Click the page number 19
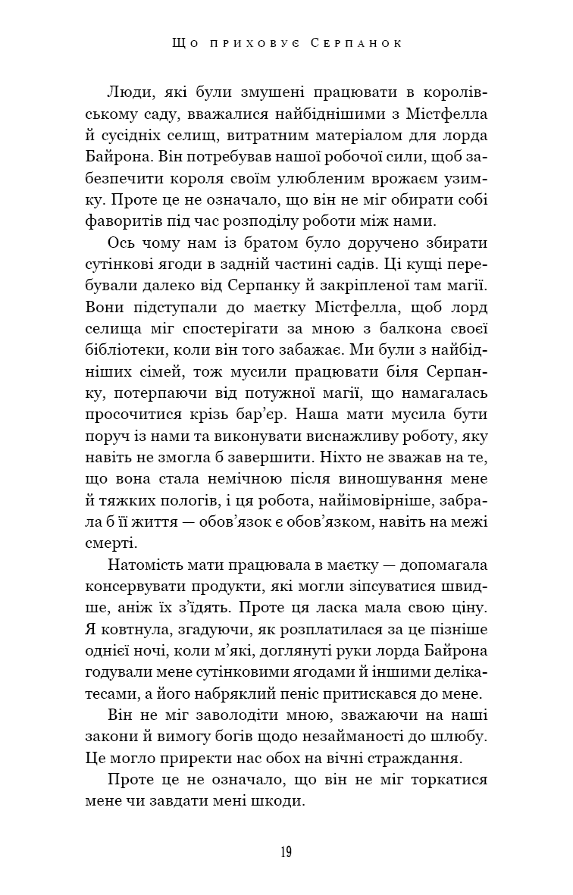(x=285, y=851)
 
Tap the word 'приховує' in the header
(x=253, y=44)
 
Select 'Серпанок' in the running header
(x=355, y=44)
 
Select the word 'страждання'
(x=437, y=759)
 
